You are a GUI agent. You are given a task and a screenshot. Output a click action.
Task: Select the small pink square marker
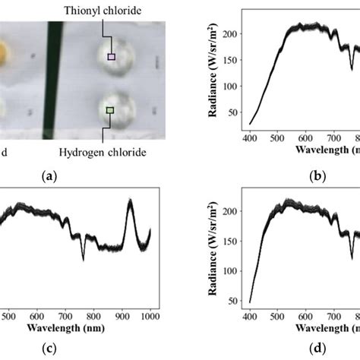pos(111,56)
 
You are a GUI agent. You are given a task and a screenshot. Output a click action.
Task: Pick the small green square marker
pos(110,110)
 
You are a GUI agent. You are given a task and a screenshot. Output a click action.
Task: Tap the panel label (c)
pos(49,349)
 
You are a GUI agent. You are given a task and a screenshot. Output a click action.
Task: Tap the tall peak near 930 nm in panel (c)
pos(130,202)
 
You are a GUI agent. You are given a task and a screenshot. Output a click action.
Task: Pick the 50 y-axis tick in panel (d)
pos(242,302)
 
